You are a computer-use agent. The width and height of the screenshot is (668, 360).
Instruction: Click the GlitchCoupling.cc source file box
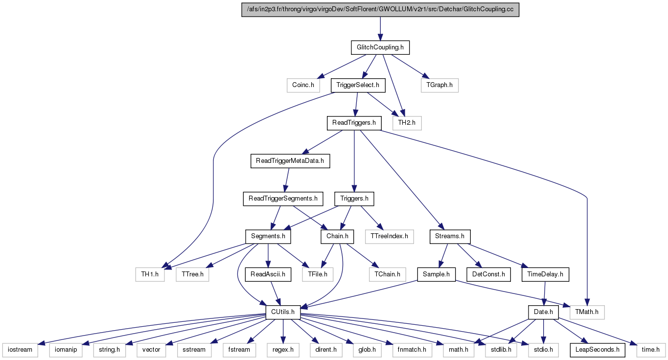[x=380, y=10]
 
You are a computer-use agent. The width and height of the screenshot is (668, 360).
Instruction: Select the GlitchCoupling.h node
[x=380, y=47]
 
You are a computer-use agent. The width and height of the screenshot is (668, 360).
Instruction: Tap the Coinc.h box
[x=303, y=85]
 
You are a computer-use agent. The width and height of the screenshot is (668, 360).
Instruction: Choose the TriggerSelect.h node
[x=358, y=85]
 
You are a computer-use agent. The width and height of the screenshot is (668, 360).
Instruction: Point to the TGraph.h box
[x=439, y=85]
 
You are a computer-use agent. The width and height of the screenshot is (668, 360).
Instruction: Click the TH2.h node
[x=407, y=123]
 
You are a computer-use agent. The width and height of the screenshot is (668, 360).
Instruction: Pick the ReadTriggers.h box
[x=354, y=123]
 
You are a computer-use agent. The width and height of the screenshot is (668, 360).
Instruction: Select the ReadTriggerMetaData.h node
[x=290, y=161]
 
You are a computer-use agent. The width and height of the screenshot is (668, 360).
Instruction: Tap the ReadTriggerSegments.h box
[x=283, y=199]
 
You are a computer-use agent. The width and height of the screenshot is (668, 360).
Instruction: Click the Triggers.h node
[x=354, y=199]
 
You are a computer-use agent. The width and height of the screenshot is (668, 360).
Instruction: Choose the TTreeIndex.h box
[x=390, y=237]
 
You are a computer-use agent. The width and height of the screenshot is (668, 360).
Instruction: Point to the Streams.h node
[x=450, y=237]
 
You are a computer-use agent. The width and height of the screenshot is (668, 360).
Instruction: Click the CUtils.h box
[x=283, y=313]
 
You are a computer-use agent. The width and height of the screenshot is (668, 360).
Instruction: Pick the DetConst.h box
[x=488, y=274]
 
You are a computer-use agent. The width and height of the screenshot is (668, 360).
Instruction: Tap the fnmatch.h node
[x=412, y=350]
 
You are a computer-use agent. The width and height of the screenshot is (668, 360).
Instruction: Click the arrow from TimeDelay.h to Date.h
[x=545, y=293]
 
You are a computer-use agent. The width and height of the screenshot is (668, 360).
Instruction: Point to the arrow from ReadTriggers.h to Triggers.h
[x=354, y=161]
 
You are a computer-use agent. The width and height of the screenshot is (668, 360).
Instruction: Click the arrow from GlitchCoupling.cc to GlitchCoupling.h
[x=380, y=29]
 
